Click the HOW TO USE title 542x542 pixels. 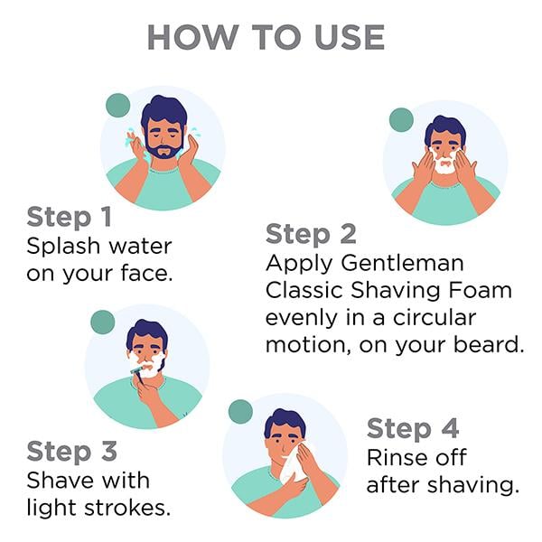coord(266,37)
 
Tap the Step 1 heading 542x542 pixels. coord(70,217)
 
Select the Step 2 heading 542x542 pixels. coord(311,234)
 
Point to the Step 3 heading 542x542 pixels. coord(72,451)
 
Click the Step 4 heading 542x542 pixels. coord(413,428)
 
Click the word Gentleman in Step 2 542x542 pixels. coord(402,263)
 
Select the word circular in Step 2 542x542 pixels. coord(435,317)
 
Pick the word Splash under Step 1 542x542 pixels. coord(63,248)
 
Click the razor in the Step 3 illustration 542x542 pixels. coord(138,375)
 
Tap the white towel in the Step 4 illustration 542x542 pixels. coord(293,462)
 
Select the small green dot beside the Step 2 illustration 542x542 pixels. coord(401,120)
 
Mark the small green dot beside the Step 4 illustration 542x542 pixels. coord(240,412)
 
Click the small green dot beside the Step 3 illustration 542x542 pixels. coord(103,322)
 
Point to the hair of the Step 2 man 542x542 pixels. coord(445,129)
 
